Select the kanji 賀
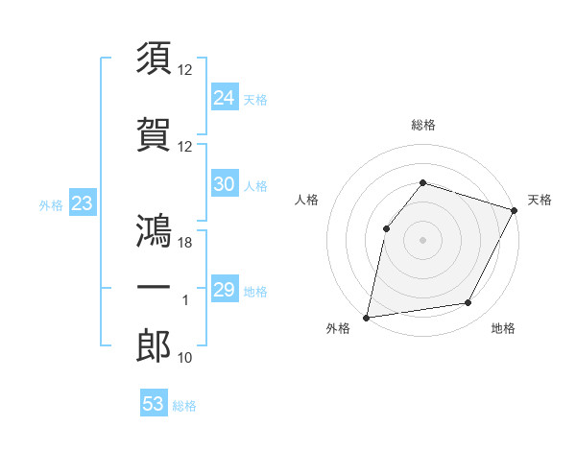(154, 134)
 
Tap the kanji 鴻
(154, 230)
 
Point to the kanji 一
(154, 288)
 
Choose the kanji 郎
(154, 345)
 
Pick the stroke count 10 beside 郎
(185, 358)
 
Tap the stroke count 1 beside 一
(185, 300)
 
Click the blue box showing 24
(224, 98)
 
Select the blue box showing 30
(224, 185)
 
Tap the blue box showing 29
(224, 291)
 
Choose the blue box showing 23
(81, 203)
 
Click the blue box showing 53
(153, 404)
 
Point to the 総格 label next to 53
(184, 406)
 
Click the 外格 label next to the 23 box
(51, 204)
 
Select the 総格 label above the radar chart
(422, 125)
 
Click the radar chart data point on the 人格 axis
(386, 228)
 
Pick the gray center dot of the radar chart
(422, 239)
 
